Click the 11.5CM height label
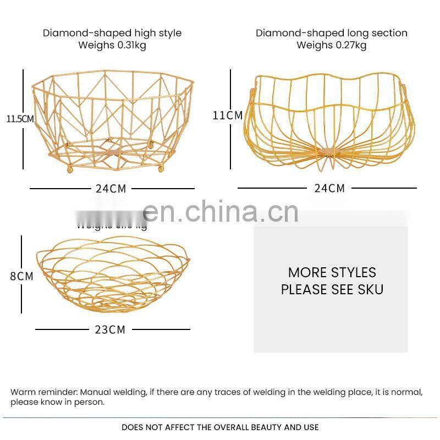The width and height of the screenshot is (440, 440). pos(20,119)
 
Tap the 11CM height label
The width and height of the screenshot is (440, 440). pos(228,116)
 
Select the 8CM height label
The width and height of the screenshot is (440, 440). pos(22,276)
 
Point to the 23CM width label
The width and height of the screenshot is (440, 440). pos(110,329)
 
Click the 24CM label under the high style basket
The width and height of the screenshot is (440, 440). pos(111,189)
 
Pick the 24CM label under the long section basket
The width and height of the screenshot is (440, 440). pos(329,189)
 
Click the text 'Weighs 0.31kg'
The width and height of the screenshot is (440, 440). pos(112,45)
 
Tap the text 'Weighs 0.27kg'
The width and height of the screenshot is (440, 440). pos(332,45)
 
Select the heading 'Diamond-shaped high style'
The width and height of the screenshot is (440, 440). pos(112,33)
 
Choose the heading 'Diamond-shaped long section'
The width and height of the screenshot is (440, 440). pos(332,33)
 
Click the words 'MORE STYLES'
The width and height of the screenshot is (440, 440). pos(332,272)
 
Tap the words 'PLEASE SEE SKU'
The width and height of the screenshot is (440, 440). pos(332,289)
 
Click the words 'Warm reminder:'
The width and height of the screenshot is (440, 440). pos(45,392)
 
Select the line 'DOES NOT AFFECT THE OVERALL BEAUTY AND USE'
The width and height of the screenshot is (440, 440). pos(220,427)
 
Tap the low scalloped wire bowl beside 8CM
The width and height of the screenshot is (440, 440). pos(113,275)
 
